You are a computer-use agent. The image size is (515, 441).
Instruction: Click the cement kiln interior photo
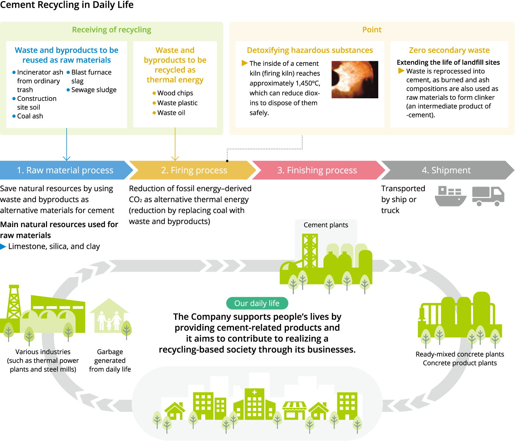pyautogui.click(x=355, y=80)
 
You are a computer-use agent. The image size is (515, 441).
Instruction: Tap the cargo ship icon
pyautogui.click(x=450, y=196)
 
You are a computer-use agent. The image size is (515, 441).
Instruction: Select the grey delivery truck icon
pyautogui.click(x=488, y=196)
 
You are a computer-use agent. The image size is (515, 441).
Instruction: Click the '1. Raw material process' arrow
pyautogui.click(x=65, y=170)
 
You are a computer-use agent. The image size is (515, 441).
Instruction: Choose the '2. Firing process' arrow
pyautogui.click(x=193, y=170)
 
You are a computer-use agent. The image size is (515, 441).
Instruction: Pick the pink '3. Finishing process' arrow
pyautogui.click(x=317, y=170)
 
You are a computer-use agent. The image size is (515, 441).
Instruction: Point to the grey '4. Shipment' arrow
pyautogui.click(x=446, y=170)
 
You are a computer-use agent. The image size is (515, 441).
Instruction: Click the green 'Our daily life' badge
pyautogui.click(x=257, y=303)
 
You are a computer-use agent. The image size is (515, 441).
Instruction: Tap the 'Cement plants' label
pyautogui.click(x=326, y=225)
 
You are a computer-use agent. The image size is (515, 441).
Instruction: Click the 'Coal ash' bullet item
pyautogui.click(x=30, y=116)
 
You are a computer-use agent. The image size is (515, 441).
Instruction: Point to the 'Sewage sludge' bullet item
pyautogui.click(x=93, y=90)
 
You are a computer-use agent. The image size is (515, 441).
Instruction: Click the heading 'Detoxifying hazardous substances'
pyautogui.click(x=310, y=50)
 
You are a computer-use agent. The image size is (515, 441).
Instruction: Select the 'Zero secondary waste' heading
pyautogui.click(x=449, y=50)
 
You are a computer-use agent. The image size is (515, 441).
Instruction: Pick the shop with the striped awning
pyautogui.click(x=294, y=410)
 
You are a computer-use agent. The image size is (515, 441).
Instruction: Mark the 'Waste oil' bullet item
pyautogui.click(x=171, y=113)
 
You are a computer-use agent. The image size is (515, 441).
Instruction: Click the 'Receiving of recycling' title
pyautogui.click(x=111, y=30)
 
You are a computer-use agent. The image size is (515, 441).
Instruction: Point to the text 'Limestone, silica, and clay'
pyautogui.click(x=54, y=246)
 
